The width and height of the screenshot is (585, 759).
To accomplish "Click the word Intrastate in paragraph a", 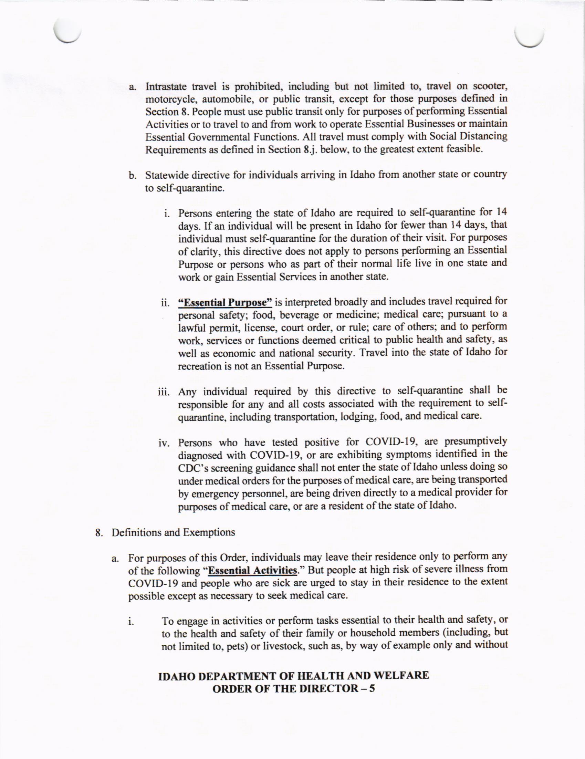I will click(x=166, y=86).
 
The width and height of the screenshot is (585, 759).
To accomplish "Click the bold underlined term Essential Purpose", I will click(x=225, y=302).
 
